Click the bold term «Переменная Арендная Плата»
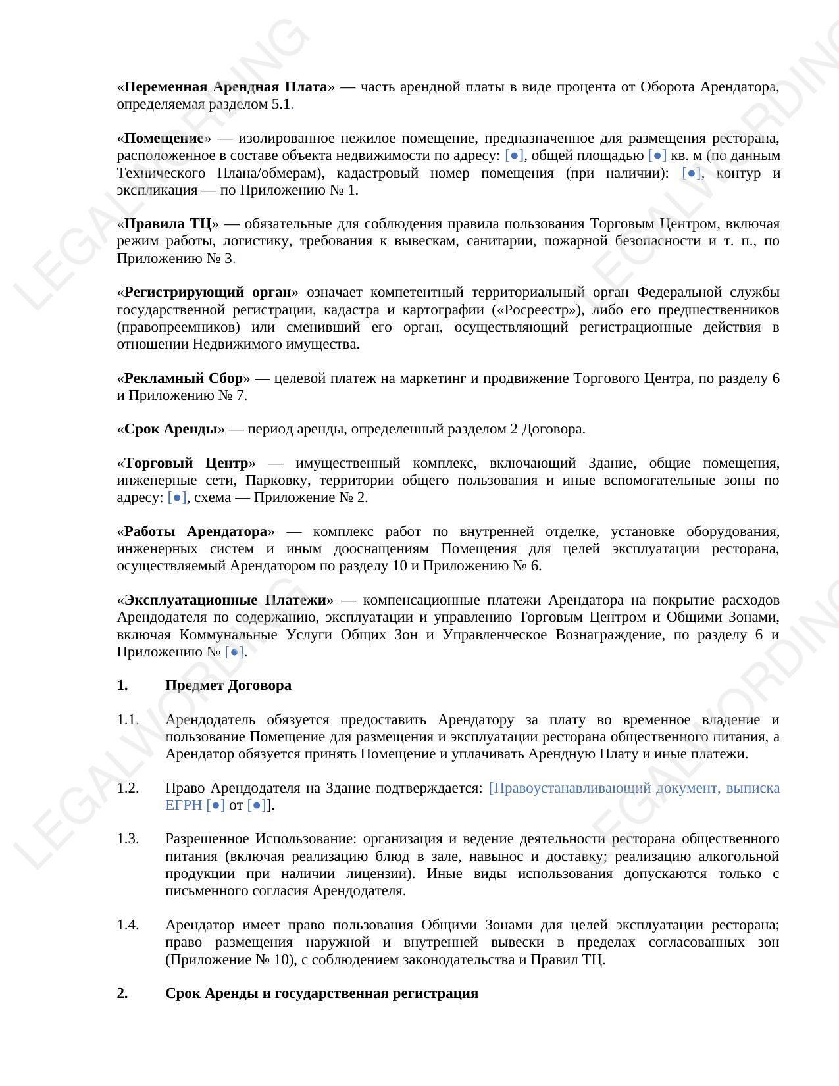point(226,87)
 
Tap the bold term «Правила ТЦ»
point(168,224)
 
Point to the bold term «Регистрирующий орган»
point(207,292)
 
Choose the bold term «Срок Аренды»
point(171,429)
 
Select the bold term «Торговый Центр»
point(186,463)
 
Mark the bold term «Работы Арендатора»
point(195,531)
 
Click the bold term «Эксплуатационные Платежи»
point(225,600)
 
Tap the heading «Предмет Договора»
point(228,685)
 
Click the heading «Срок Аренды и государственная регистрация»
point(321,993)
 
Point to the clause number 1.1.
point(128,720)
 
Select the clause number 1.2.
point(128,788)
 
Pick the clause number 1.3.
point(128,839)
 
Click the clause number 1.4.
point(128,925)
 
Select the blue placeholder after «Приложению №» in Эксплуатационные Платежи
point(234,652)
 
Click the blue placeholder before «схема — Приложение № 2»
point(177,497)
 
